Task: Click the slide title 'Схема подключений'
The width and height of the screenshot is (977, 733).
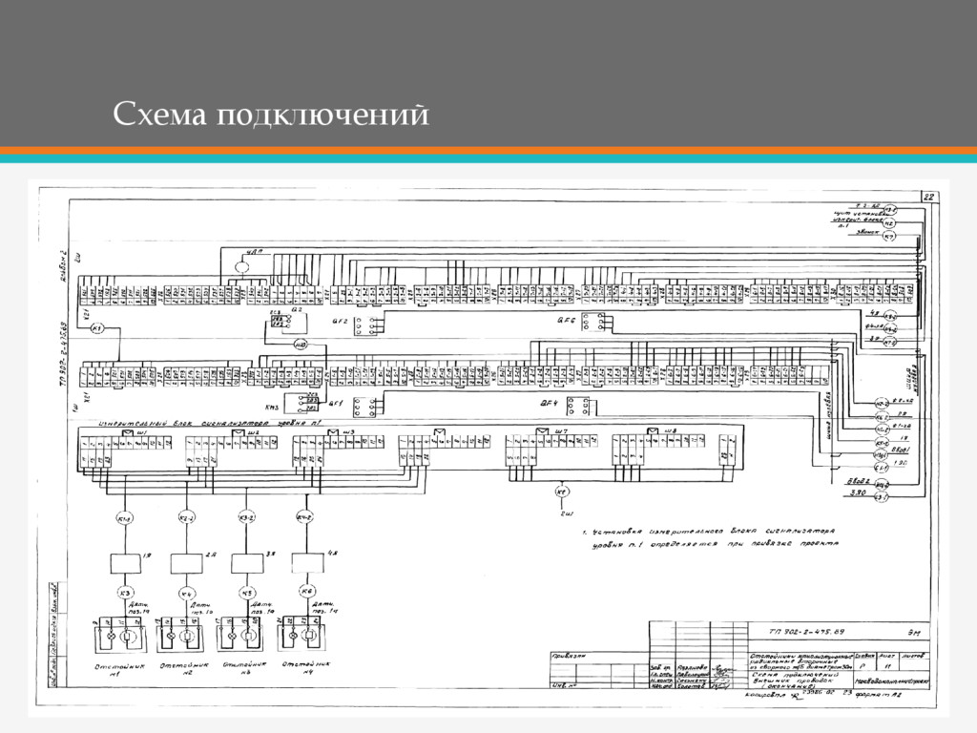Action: pos(270,115)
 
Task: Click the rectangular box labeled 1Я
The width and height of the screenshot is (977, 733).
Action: pos(125,562)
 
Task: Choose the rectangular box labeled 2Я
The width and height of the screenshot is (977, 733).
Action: pos(186,562)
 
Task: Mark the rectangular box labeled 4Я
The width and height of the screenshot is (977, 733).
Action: pos(307,562)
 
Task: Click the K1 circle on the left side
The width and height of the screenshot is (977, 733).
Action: pos(96,328)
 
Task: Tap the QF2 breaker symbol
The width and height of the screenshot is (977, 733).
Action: pos(364,325)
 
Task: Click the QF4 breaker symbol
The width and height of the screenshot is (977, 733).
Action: pos(576,406)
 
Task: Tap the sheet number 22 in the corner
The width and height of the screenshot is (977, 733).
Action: pos(928,197)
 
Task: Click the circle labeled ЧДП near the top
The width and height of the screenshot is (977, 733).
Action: pos(241,266)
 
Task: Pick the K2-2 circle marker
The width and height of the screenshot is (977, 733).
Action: pos(186,518)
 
